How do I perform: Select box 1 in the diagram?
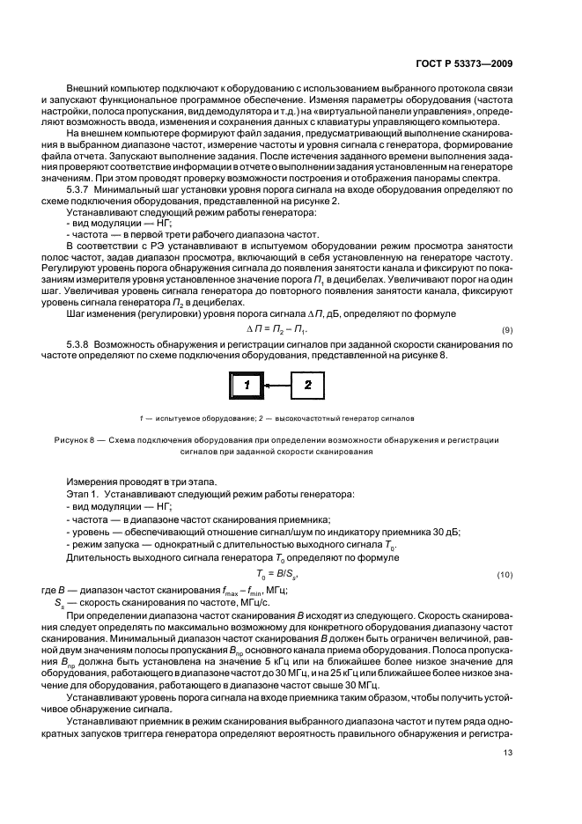tap(248, 385)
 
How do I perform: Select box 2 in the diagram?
tap(307, 385)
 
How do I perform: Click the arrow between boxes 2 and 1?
tap(277, 385)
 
